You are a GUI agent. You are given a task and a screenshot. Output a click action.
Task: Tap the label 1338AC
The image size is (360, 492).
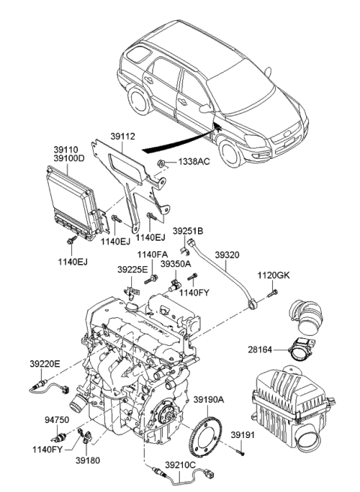(x=194, y=163)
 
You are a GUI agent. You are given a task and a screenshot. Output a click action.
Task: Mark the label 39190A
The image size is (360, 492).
(x=211, y=399)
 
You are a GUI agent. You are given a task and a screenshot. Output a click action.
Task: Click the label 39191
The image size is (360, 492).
(x=262, y=434)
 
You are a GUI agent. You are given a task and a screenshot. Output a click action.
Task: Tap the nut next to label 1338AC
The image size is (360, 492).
(x=162, y=163)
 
